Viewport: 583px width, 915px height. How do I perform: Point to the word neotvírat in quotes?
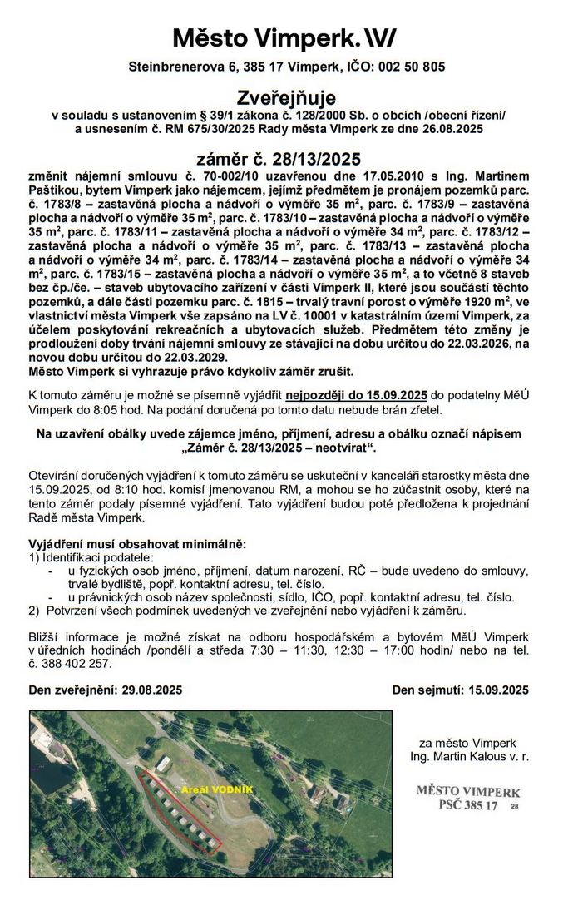coord(343,448)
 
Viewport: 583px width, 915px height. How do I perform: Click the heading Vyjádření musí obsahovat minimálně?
coord(137,543)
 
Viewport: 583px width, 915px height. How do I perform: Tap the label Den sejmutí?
coord(424,690)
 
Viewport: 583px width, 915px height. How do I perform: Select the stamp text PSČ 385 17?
coord(467,806)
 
